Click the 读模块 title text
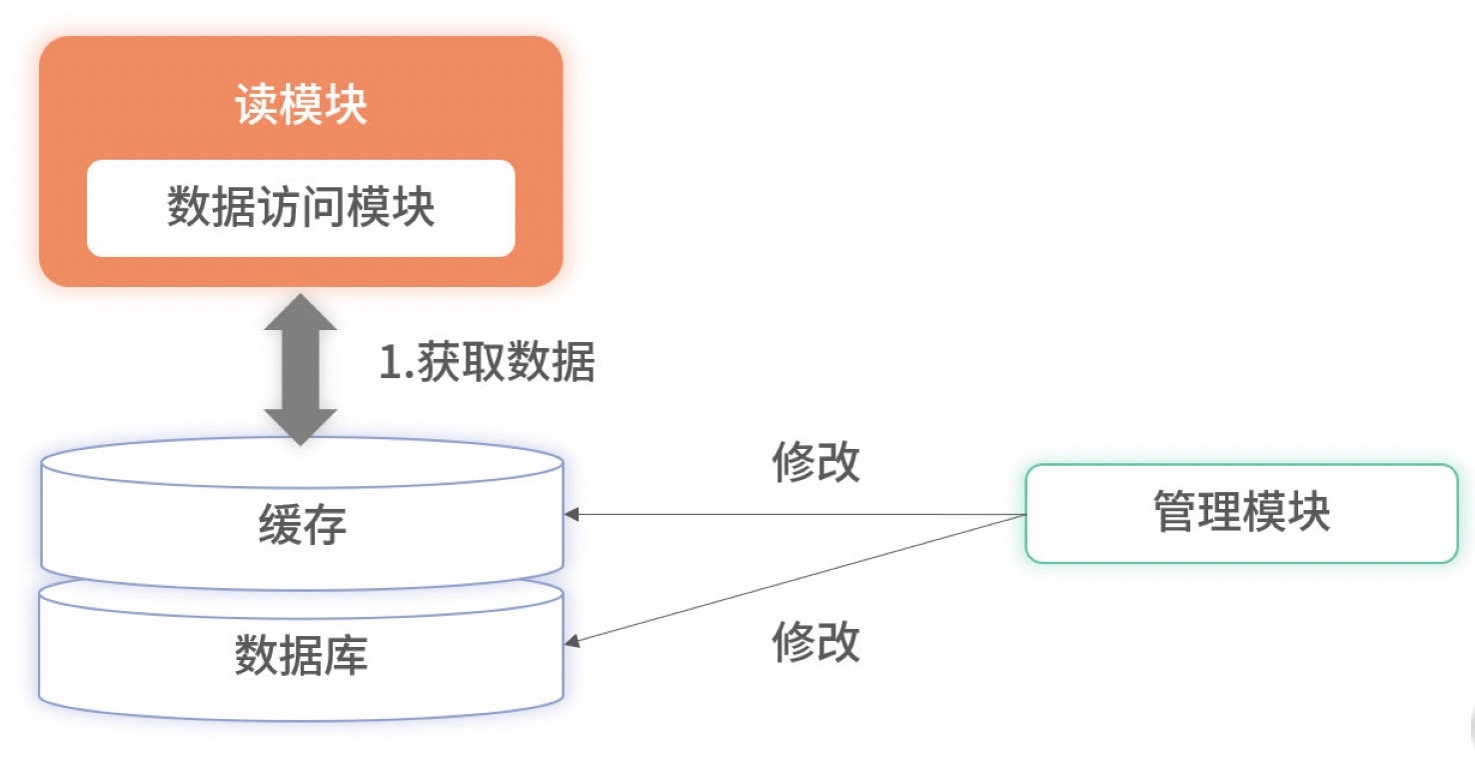(x=301, y=104)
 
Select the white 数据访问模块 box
(x=301, y=208)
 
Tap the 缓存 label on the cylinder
(x=302, y=524)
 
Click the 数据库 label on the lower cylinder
(x=301, y=655)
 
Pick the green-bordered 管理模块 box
(x=1242, y=514)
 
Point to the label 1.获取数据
(x=488, y=362)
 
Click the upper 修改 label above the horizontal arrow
(x=815, y=462)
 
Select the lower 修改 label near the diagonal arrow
(x=815, y=641)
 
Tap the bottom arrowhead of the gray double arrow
(x=301, y=427)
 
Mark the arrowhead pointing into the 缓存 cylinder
(x=572, y=514)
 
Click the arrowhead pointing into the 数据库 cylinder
(x=572, y=641)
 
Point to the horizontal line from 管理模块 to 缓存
(x=795, y=514)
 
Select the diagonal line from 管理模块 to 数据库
(x=795, y=578)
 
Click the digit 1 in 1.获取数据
(x=391, y=362)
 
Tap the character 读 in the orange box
(x=257, y=104)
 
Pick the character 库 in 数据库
(x=346, y=655)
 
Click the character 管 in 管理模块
(x=1175, y=511)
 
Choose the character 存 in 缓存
(x=325, y=524)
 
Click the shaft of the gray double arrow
(x=301, y=369)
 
